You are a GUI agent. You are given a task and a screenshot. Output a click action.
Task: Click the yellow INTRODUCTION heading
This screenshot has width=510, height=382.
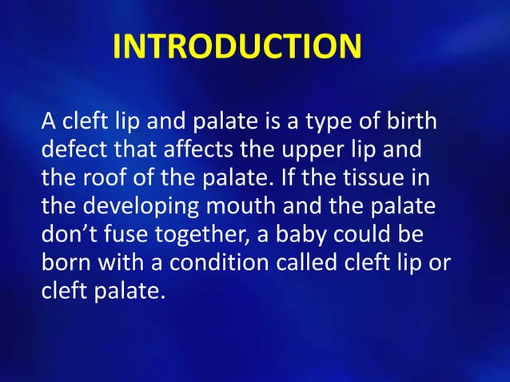coord(237,46)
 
